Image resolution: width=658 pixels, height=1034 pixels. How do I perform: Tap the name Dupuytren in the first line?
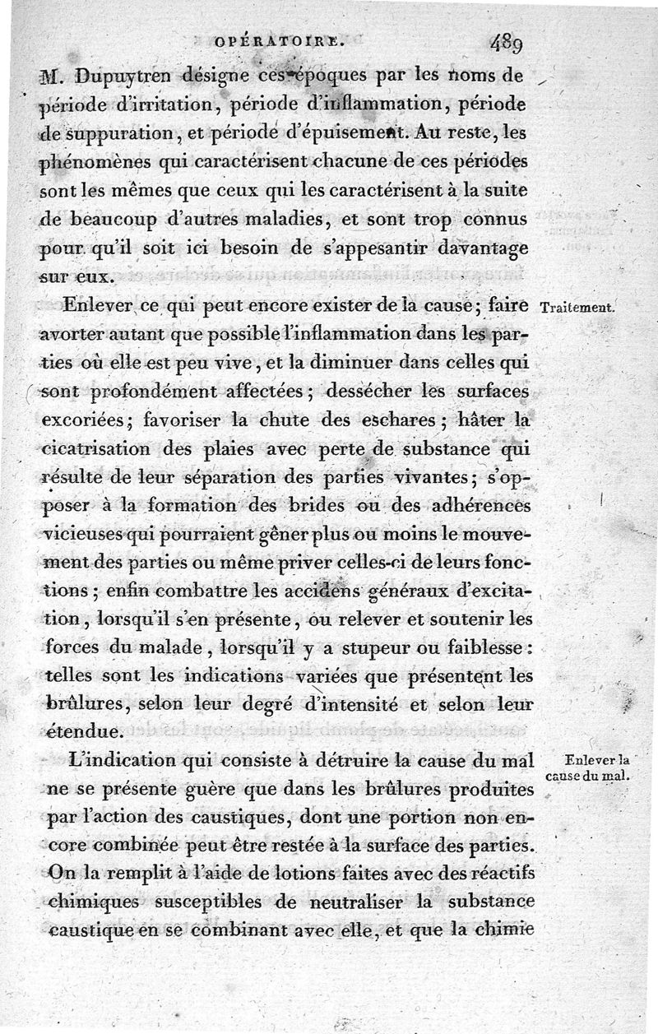(126, 77)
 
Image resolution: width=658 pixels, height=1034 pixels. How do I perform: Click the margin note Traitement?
(578, 308)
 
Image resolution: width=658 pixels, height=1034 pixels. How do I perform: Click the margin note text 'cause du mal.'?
(586, 776)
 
